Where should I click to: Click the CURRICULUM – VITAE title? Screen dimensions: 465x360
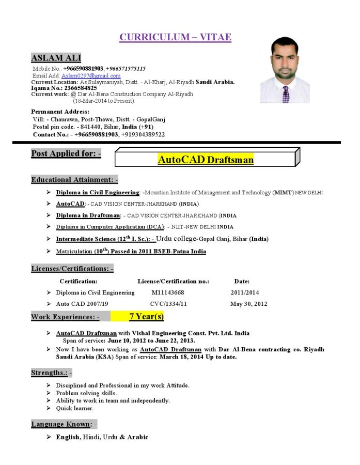[x=175, y=37]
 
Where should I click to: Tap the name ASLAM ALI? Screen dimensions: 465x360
[x=56, y=58]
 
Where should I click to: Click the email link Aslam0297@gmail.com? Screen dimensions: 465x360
[x=91, y=75]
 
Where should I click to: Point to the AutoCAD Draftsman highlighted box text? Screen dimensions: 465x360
[x=206, y=160]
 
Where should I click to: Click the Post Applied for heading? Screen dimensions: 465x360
[x=66, y=153]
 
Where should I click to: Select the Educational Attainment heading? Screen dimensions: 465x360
[x=74, y=180]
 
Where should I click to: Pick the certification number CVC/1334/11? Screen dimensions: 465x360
[x=168, y=304]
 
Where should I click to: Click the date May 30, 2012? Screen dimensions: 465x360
[x=248, y=304]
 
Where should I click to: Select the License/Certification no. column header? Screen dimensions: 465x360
[x=173, y=282]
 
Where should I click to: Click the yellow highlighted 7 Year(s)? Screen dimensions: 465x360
[x=146, y=316]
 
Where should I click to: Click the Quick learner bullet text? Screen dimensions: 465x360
[x=75, y=408]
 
